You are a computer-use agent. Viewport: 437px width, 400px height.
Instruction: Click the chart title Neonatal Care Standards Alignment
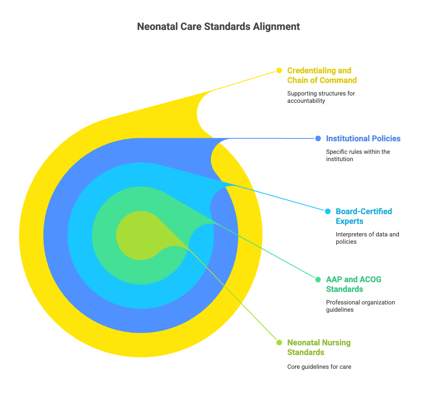pos(218,27)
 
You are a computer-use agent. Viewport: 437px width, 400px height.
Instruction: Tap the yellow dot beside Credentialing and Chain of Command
pos(279,70)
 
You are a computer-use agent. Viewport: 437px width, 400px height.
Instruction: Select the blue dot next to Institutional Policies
pos(318,138)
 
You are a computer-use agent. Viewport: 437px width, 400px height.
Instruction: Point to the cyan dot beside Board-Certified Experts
pos(328,211)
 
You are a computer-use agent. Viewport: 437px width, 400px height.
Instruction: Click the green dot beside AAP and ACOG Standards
pos(318,279)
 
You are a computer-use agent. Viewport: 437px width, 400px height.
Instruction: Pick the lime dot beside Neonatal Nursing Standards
pos(279,343)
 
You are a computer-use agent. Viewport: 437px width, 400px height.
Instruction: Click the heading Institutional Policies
pos(363,138)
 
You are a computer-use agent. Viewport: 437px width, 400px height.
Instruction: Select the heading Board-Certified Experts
pos(364,216)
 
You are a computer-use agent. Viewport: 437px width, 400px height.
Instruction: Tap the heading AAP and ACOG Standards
pos(354,284)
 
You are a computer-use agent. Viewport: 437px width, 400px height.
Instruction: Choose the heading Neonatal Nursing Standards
pos(319,347)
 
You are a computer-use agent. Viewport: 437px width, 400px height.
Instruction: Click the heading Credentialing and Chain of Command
pos(322,75)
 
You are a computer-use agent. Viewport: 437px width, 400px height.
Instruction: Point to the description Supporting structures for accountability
pos(321,97)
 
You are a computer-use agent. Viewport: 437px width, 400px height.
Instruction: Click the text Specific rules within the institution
pos(358,155)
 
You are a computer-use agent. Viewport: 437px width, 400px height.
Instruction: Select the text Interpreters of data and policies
pos(367,238)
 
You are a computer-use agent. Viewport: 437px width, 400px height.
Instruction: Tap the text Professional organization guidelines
pos(360,306)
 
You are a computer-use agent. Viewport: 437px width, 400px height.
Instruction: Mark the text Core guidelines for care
pos(319,367)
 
